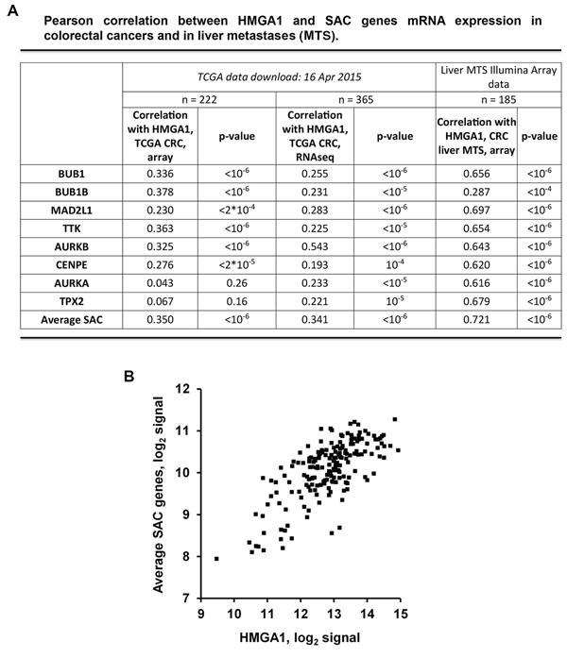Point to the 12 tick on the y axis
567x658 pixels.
(x=189, y=388)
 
